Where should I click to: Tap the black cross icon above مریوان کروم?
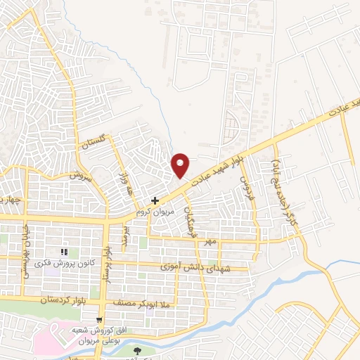coord(155,200)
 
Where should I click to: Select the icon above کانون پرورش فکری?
coord(64,252)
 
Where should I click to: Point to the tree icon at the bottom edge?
coord(138,349)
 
